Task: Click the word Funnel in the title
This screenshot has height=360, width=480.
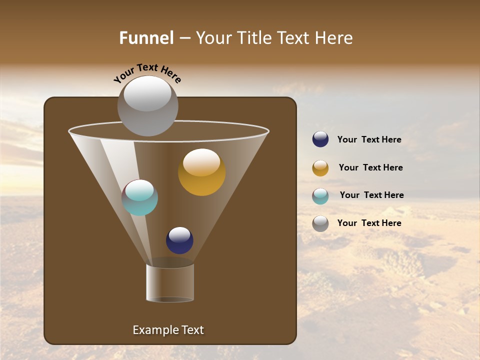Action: (x=146, y=38)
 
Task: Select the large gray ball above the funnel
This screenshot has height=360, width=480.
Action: (x=147, y=105)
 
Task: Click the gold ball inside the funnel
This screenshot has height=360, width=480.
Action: (x=201, y=172)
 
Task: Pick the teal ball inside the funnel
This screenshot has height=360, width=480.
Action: (x=139, y=197)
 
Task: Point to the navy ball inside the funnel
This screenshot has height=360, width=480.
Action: (x=179, y=240)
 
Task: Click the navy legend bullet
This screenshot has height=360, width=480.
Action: (x=320, y=139)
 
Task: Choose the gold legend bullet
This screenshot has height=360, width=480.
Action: (x=320, y=168)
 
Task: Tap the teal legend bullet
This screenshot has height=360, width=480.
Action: (x=320, y=196)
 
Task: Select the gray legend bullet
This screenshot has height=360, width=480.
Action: (x=320, y=223)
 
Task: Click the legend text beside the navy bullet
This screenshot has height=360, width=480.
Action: (x=369, y=140)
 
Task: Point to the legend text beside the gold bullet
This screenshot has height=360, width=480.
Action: (x=370, y=168)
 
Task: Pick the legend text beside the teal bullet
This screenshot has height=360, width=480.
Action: (x=371, y=195)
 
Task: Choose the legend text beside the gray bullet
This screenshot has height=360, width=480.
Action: (x=369, y=223)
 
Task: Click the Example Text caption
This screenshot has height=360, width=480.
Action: (x=168, y=330)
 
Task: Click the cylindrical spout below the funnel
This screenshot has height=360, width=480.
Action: (x=170, y=282)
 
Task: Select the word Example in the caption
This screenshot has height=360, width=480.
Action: (x=153, y=330)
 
